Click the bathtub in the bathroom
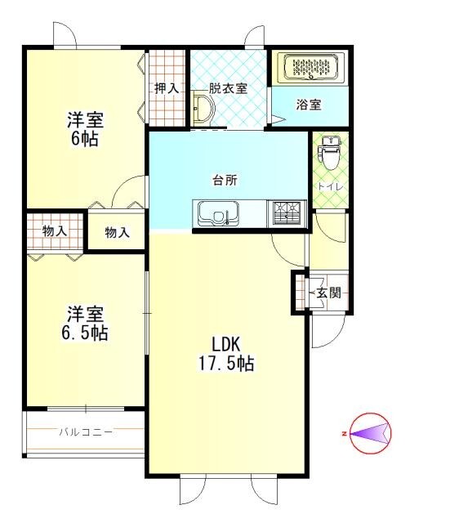(x=310, y=67)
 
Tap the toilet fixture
(x=329, y=153)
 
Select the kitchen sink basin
(x=219, y=213)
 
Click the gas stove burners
(x=287, y=213)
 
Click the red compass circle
(x=370, y=433)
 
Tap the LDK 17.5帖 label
(x=226, y=354)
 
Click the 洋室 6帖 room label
(x=85, y=130)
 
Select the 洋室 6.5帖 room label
(x=85, y=323)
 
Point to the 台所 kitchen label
(x=225, y=180)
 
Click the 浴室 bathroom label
(x=309, y=105)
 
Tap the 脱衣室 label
(x=228, y=88)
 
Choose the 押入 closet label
(x=167, y=88)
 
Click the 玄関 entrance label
(x=328, y=293)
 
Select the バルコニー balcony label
(x=86, y=432)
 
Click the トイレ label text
(x=330, y=187)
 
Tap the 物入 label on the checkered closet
(x=55, y=230)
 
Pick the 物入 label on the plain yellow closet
(x=117, y=232)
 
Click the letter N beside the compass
(x=344, y=434)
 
